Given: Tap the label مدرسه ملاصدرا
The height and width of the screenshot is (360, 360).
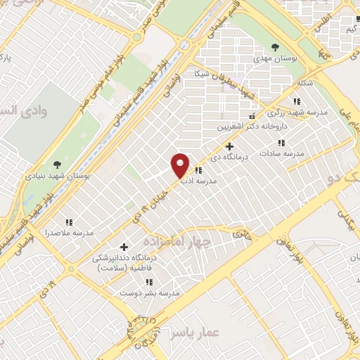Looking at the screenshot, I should tap(69, 232).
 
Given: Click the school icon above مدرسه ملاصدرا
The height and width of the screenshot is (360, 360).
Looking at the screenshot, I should tap(69, 221).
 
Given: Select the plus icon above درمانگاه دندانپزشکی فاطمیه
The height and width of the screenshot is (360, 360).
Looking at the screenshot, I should tap(124, 247).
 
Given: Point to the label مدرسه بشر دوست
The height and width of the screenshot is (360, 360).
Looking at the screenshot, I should tap(150, 292).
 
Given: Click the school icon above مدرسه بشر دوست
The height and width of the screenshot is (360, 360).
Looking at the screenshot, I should tap(150, 282).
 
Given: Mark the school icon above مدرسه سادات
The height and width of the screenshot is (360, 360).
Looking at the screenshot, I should tap(282, 143).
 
